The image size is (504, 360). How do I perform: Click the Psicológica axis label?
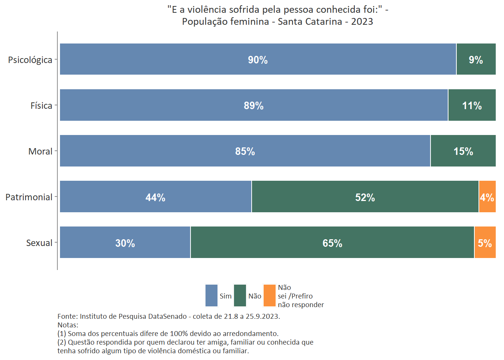(30, 60)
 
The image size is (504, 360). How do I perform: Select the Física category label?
(41, 106)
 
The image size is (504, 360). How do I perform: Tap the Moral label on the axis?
(40, 151)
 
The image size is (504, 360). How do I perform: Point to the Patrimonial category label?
(29, 197)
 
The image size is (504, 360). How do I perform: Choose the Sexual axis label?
(39, 243)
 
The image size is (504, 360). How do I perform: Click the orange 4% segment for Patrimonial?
(487, 196)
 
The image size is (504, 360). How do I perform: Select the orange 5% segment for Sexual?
(485, 242)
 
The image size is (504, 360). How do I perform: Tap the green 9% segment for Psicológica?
(476, 59)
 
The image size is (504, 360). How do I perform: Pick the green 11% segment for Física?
(472, 105)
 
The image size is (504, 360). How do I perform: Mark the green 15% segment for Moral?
(463, 151)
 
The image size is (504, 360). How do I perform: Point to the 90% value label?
(258, 60)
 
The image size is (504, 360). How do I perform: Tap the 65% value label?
(332, 243)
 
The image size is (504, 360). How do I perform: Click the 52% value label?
(365, 198)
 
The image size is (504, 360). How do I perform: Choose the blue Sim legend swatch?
(211, 295)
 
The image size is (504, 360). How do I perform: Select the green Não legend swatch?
(240, 295)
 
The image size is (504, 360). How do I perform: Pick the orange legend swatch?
(270, 295)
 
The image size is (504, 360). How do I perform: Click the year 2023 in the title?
(362, 22)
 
